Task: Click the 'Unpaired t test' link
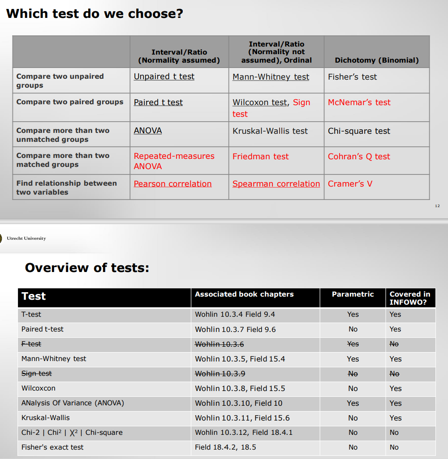coord(164,76)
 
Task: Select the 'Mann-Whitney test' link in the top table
coord(271,77)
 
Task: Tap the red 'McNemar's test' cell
coord(359,102)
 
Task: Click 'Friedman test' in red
coord(260,157)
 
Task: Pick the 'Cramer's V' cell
coord(350,184)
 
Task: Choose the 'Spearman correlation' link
coord(276,184)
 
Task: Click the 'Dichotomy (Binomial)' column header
coord(376,60)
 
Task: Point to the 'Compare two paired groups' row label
coord(69,102)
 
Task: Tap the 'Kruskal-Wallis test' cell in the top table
coord(270,131)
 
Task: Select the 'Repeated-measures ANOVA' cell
coord(174,161)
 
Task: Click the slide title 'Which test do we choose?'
coord(95,13)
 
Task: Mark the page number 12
coord(437,206)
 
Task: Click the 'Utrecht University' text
coord(26,238)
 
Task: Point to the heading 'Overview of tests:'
coord(87,268)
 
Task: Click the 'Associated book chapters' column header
coord(244,294)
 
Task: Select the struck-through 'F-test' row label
coord(31,344)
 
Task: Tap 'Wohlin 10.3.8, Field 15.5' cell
coord(240,388)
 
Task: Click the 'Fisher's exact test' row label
coord(52,447)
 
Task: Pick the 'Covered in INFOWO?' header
coord(409,298)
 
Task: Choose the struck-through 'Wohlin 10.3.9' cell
coord(220,374)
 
